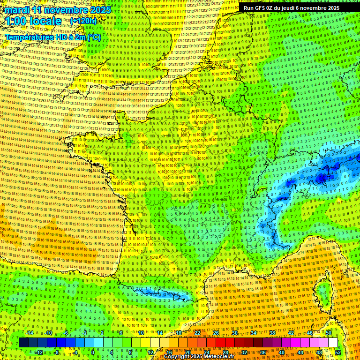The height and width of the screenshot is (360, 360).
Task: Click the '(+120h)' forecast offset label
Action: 83,21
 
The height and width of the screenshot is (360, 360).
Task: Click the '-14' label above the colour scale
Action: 29,333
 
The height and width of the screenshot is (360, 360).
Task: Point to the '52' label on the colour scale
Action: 338,352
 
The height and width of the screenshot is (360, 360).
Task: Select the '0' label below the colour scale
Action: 93,352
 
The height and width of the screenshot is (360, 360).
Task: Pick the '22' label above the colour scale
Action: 197,333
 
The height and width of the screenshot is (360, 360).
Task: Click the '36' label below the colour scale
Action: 262,352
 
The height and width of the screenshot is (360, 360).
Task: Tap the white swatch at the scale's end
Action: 333,343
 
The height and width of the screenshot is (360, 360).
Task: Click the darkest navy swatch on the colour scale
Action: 23,343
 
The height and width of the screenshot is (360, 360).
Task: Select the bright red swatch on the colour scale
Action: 221,343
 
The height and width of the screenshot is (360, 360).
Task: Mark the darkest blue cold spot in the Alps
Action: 322,178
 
